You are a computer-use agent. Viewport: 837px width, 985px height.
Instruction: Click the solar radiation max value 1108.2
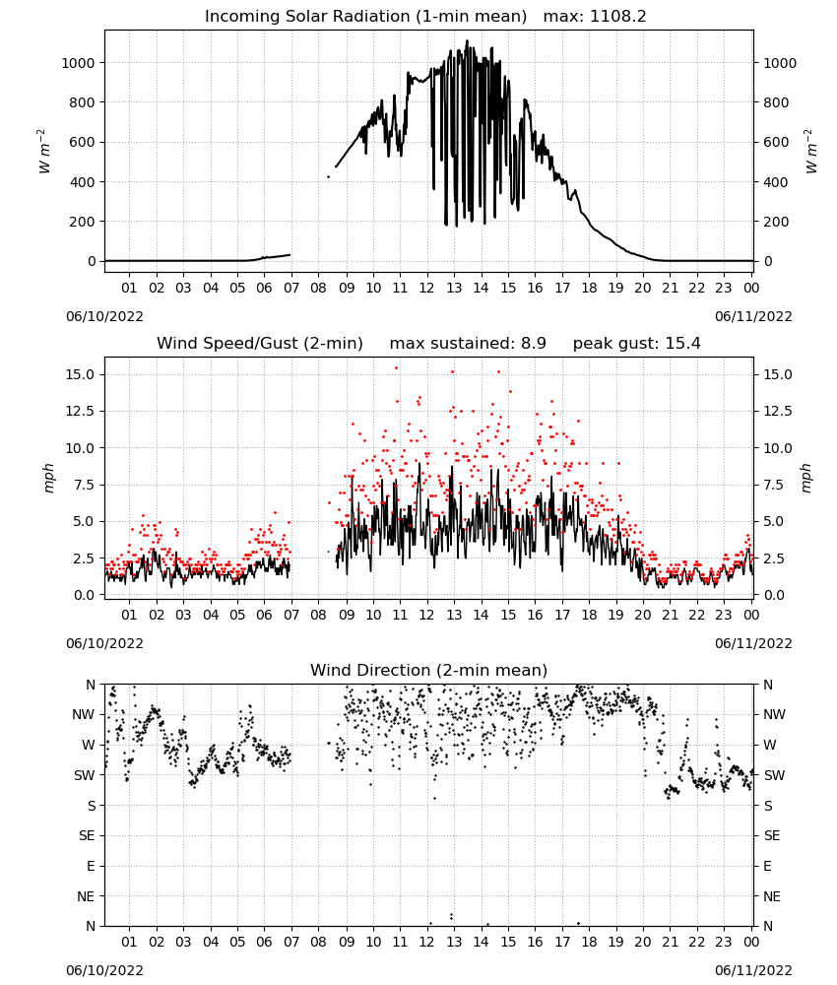[617, 17]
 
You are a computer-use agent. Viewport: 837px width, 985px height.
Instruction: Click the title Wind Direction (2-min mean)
[429, 670]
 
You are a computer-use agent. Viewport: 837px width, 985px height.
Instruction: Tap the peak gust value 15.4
[682, 344]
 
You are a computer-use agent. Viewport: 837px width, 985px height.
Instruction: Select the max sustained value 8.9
[533, 344]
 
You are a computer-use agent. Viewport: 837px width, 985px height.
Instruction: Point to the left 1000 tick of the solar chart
[78, 63]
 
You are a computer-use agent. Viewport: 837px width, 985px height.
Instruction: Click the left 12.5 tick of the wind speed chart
[81, 411]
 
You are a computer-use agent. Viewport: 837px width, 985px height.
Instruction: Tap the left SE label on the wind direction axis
[87, 835]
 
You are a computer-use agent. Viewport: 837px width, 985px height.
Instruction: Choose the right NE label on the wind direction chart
[772, 896]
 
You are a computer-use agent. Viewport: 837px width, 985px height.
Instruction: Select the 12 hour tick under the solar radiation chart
[427, 288]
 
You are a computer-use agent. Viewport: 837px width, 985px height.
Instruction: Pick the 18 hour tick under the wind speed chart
[589, 615]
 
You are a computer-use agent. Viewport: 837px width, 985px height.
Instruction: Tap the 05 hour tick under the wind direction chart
[237, 942]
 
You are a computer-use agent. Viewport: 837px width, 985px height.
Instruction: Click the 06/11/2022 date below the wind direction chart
[753, 970]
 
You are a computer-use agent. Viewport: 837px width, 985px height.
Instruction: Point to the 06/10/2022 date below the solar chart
[104, 316]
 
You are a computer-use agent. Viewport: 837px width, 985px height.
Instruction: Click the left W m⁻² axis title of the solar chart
[43, 151]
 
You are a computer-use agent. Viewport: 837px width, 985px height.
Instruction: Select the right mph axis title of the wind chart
[806, 478]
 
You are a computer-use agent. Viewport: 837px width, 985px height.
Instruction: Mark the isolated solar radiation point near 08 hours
[328, 177]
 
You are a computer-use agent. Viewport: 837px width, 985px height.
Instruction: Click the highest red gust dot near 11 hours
[396, 368]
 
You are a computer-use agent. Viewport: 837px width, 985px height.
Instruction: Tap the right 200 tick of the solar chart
[776, 222]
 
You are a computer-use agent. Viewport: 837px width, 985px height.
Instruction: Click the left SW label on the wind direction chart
[85, 775]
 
